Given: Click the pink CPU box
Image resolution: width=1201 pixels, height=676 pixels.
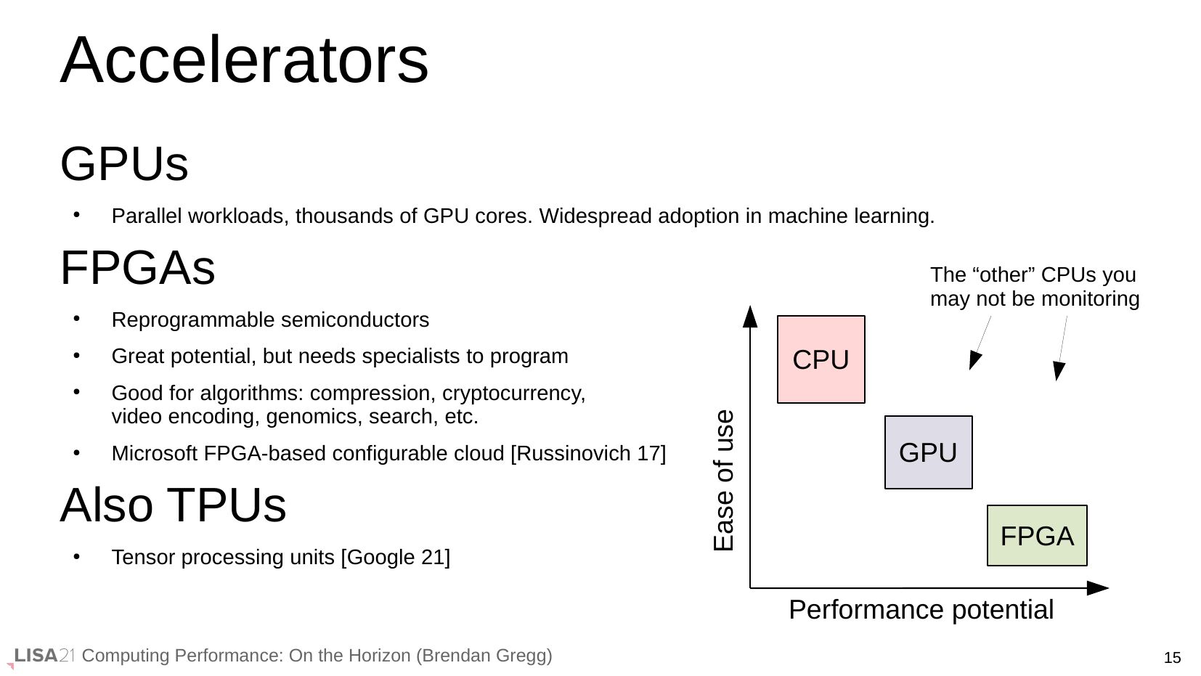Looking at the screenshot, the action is click(x=821, y=359).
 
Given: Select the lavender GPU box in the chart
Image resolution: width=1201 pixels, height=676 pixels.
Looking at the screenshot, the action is click(x=928, y=452).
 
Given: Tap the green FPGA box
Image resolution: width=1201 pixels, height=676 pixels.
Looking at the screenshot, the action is click(x=1037, y=535).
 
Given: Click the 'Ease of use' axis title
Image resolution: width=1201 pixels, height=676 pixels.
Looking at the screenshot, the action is click(x=723, y=481).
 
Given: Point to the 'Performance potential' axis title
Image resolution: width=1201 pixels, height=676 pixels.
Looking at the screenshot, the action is click(x=921, y=609).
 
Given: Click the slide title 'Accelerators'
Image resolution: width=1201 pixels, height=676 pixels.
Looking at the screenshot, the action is click(x=245, y=60).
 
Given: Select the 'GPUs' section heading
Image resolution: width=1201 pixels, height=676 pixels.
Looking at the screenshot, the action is click(x=124, y=163).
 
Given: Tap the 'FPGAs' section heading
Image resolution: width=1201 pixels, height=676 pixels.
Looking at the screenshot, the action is click(x=138, y=267).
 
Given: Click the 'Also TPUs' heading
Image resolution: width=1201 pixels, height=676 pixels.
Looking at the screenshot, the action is click(x=174, y=505).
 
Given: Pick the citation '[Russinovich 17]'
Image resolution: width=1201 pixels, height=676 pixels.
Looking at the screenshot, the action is click(x=588, y=454).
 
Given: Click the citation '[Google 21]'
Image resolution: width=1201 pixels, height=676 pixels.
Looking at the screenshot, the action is click(x=396, y=558).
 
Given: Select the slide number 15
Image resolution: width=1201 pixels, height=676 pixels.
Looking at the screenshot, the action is click(x=1172, y=657).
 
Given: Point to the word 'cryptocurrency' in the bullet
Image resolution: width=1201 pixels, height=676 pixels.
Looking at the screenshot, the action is click(x=513, y=393).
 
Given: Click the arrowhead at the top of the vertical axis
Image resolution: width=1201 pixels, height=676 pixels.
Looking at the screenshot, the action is click(x=749, y=317).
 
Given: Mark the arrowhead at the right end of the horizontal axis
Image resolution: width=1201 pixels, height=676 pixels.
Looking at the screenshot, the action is click(x=1097, y=588).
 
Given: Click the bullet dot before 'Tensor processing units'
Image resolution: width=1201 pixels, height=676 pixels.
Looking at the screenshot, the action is click(x=76, y=556).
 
